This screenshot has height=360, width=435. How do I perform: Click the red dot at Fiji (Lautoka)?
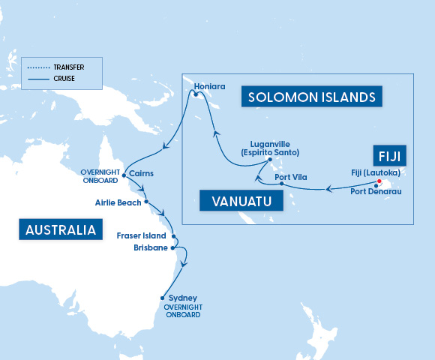[x=379, y=181]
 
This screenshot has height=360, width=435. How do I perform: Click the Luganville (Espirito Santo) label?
[x=275, y=148]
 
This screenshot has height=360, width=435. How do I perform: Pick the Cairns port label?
[x=142, y=173]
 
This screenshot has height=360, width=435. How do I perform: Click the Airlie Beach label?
[x=118, y=202]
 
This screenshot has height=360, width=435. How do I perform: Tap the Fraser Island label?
[x=141, y=235]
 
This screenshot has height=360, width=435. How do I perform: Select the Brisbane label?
[x=151, y=247]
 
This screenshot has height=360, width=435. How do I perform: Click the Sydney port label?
[x=184, y=298]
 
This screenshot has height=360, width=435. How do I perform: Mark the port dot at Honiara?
[x=195, y=94]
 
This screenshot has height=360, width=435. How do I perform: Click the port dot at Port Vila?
[x=281, y=184]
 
